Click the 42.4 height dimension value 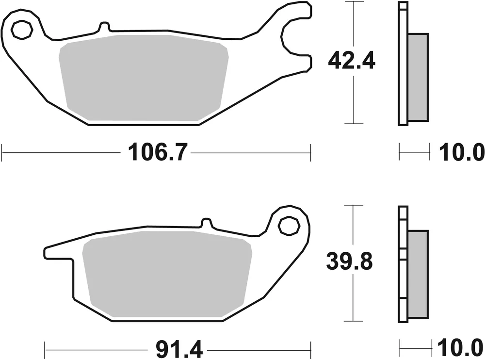352,62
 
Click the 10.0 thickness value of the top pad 461,153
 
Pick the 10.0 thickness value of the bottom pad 461,348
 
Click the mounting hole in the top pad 21,31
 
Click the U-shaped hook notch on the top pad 290,37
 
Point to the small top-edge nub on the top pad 103,27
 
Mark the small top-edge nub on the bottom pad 206,224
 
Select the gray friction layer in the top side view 418,78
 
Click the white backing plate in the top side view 403,63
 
